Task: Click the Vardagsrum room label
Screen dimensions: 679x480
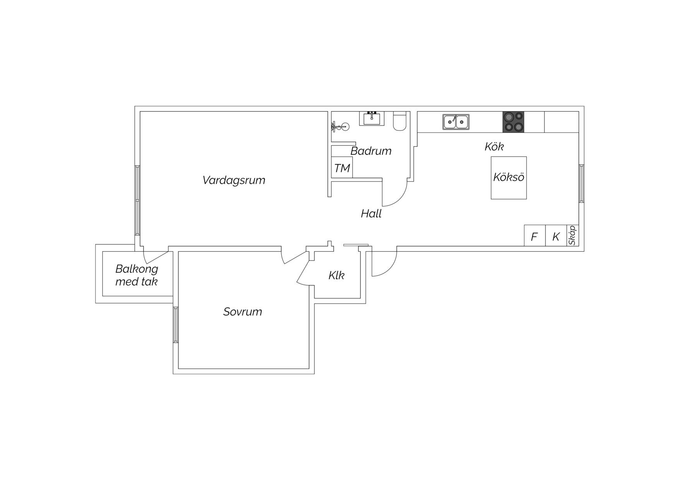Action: [x=234, y=180]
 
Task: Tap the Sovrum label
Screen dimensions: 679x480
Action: [x=243, y=312]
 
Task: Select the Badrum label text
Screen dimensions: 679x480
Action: [x=371, y=151]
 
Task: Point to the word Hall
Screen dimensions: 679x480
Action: [x=371, y=214]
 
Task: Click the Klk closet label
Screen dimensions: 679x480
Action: [x=336, y=275]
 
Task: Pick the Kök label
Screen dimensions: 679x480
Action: [x=494, y=147]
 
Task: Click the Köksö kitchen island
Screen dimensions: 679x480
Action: [x=509, y=178]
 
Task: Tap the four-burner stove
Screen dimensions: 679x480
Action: [x=513, y=122]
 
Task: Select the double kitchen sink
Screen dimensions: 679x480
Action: [x=456, y=122]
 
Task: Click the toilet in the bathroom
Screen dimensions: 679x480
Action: [x=400, y=120]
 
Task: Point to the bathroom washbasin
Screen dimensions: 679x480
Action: [x=372, y=118]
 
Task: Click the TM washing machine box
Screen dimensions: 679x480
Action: [x=342, y=168]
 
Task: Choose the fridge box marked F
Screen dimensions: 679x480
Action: [x=535, y=236]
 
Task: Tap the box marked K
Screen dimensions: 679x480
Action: [x=556, y=236]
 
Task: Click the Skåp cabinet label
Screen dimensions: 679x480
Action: [x=573, y=235]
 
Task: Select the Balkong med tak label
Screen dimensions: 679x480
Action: [x=137, y=275]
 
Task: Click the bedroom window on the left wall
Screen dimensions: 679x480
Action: [x=176, y=325]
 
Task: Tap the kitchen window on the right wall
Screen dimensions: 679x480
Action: [x=581, y=183]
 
